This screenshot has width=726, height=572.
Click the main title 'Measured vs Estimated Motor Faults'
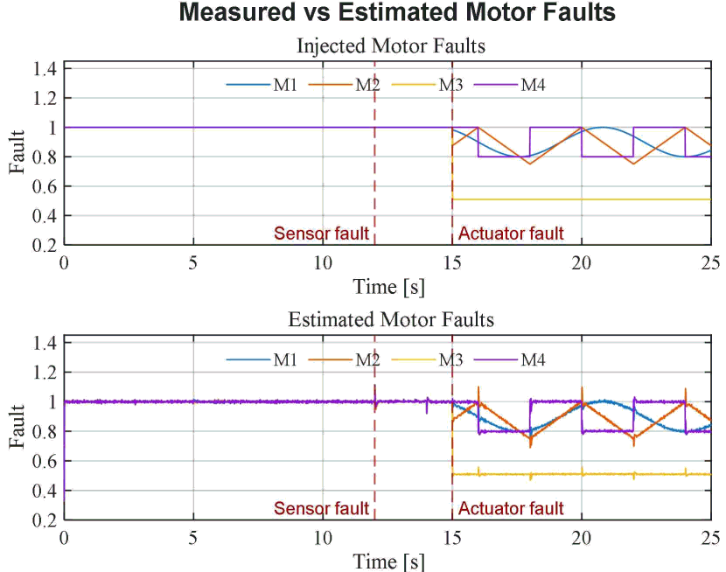pos(397,12)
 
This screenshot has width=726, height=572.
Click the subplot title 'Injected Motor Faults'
pos(391,45)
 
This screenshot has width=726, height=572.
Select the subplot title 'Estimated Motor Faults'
pos(391,320)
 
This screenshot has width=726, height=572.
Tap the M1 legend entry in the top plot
pos(262,85)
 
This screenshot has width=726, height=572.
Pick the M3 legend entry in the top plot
pos(427,85)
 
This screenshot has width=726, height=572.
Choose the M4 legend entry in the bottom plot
pos(510,359)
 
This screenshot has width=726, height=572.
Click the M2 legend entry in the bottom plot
pos(344,359)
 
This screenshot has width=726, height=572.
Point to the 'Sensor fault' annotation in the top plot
pos(321,234)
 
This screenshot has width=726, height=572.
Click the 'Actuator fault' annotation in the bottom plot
pos(511,508)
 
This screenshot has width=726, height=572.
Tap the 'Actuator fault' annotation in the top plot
pos(511,234)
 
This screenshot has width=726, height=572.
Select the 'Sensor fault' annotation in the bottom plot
pos(321,508)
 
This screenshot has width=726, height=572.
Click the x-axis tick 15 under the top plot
pos(452,263)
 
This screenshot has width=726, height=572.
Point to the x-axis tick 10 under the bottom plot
pos(323,538)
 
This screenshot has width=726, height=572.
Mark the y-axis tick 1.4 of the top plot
pos(45,68)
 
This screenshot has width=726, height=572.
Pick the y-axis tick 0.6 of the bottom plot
pos(45,461)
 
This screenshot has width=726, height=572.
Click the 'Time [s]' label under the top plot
pos(388,287)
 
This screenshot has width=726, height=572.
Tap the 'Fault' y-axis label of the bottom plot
pos(17,426)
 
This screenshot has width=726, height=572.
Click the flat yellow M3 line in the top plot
pos(582,199)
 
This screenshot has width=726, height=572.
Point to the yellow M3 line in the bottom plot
pos(582,474)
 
